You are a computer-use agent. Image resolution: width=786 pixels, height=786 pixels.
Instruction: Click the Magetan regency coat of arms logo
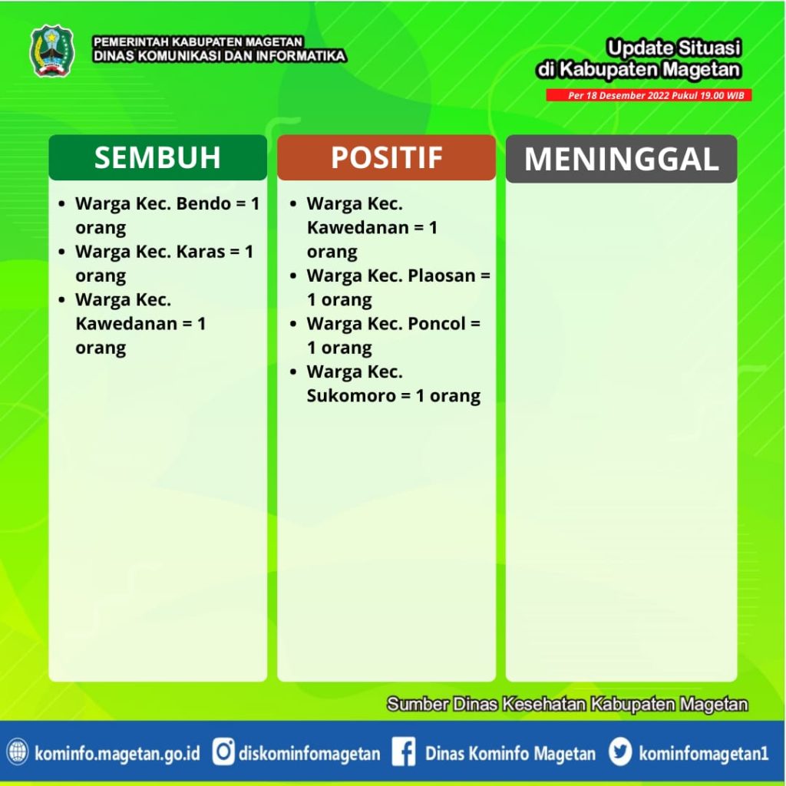pyautogui.click(x=53, y=51)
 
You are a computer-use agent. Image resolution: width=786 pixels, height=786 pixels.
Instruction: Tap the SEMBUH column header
pyautogui.click(x=158, y=157)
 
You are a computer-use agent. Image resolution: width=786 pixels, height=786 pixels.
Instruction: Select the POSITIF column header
pyautogui.click(x=387, y=157)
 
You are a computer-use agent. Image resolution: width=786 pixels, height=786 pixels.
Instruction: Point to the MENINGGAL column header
pyautogui.click(x=622, y=159)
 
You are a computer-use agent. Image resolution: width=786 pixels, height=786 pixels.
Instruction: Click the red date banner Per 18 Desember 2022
pyautogui.click(x=649, y=95)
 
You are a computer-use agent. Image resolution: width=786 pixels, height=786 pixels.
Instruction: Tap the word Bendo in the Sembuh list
pyautogui.click(x=203, y=203)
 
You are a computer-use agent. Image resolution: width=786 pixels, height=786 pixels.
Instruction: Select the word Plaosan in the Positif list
pyautogui.click(x=441, y=276)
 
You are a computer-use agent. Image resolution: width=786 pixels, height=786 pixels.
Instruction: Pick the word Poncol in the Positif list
pyautogui.click(x=437, y=324)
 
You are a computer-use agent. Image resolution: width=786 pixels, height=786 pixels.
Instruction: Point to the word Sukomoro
pyautogui.click(x=352, y=396)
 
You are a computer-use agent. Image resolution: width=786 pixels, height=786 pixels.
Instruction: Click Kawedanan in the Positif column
pyautogui.click(x=358, y=227)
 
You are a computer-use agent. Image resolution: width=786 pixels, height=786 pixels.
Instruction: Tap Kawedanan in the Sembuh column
pyautogui.click(x=127, y=324)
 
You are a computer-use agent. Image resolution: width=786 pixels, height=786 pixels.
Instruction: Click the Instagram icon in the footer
pyautogui.click(x=223, y=752)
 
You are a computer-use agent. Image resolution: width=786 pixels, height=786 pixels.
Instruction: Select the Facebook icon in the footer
pyautogui.click(x=404, y=752)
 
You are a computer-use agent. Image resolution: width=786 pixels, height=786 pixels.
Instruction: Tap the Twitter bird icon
pyautogui.click(x=620, y=752)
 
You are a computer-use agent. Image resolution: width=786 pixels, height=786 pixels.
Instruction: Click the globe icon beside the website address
pyautogui.click(x=18, y=752)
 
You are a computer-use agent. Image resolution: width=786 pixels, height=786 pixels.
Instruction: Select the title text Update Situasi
pyautogui.click(x=673, y=48)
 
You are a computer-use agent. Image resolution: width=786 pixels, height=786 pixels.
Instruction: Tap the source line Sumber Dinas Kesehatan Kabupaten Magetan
pyautogui.click(x=567, y=705)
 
